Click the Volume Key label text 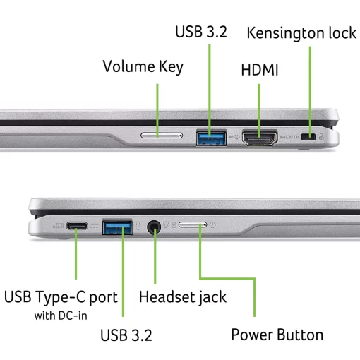(143, 67)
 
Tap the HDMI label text (260, 71)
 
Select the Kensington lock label (301, 33)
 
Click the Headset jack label (183, 296)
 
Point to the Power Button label (277, 335)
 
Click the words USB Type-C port (61, 296)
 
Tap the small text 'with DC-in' (61, 315)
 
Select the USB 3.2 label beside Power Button (126, 335)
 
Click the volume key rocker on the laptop (162, 134)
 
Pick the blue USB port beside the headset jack (117, 227)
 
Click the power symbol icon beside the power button (212, 226)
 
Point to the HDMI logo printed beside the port (289, 136)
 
